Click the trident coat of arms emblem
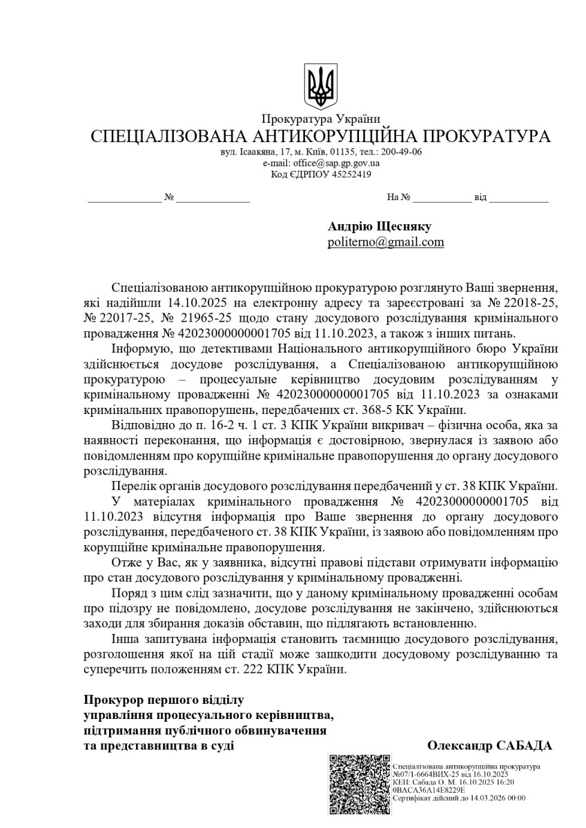[320, 86]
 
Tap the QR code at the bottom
[359, 785]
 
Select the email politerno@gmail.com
[385, 242]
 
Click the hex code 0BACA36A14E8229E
[428, 790]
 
